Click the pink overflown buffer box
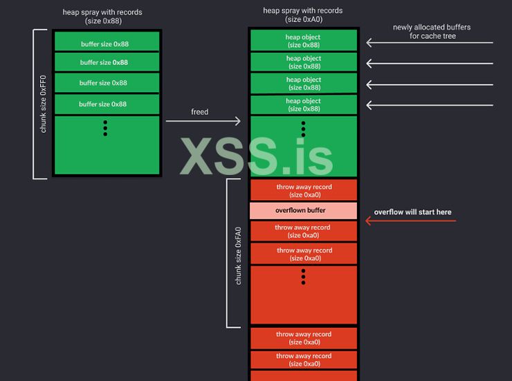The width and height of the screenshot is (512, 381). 303,210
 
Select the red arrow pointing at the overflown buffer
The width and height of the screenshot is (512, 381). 411,221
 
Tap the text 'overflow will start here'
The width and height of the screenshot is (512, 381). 412,212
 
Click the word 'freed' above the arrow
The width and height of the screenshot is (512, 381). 199,111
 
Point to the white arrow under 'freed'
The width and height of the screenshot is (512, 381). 203,122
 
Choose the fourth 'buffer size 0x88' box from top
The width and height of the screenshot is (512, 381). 107,104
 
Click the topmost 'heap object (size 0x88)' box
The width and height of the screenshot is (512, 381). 303,40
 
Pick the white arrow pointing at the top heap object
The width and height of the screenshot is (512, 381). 429,43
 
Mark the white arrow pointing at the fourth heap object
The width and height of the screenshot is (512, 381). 429,105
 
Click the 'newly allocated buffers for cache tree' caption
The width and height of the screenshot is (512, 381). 431,32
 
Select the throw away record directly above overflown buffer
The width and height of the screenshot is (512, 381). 303,190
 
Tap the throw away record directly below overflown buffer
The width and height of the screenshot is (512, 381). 303,231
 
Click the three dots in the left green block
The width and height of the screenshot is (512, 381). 105,128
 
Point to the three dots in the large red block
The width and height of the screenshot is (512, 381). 303,277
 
